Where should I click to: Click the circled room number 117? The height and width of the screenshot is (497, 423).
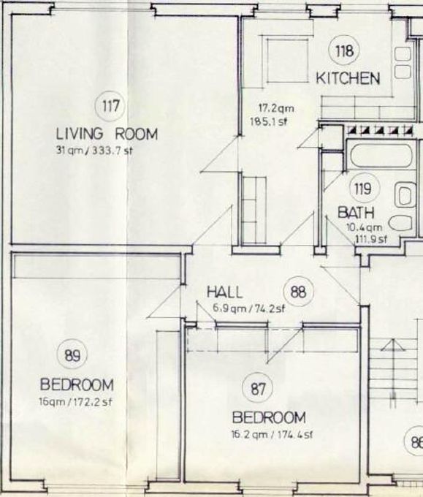click(x=110, y=106)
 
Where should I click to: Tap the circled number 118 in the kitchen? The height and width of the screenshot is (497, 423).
click(x=344, y=50)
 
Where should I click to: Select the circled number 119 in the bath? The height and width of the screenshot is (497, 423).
click(x=363, y=189)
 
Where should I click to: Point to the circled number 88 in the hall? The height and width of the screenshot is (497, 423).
click(x=298, y=292)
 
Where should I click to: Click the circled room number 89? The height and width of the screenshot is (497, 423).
click(x=72, y=355)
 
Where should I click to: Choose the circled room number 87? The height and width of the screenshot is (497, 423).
click(x=257, y=389)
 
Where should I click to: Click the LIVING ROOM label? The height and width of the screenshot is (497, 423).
click(x=107, y=134)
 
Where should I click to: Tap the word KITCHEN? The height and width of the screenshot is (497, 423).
click(x=348, y=78)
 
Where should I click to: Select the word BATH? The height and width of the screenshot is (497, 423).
click(x=356, y=213)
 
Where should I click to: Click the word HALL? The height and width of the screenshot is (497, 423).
click(x=224, y=292)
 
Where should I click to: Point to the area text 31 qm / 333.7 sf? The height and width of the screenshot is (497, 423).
click(x=94, y=150)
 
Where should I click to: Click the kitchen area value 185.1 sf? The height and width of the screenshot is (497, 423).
click(x=269, y=121)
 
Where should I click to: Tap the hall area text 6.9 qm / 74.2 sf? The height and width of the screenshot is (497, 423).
click(x=248, y=308)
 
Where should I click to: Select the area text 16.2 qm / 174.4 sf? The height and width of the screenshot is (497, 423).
click(x=273, y=434)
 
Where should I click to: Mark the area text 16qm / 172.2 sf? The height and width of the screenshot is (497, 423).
click(x=75, y=402)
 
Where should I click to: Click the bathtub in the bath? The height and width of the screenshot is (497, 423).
click(x=381, y=155)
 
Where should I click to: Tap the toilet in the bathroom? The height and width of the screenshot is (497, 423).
click(x=400, y=223)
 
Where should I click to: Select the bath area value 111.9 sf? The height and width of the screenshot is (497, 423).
click(x=370, y=239)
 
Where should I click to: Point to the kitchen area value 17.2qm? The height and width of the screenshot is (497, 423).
click(x=276, y=108)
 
